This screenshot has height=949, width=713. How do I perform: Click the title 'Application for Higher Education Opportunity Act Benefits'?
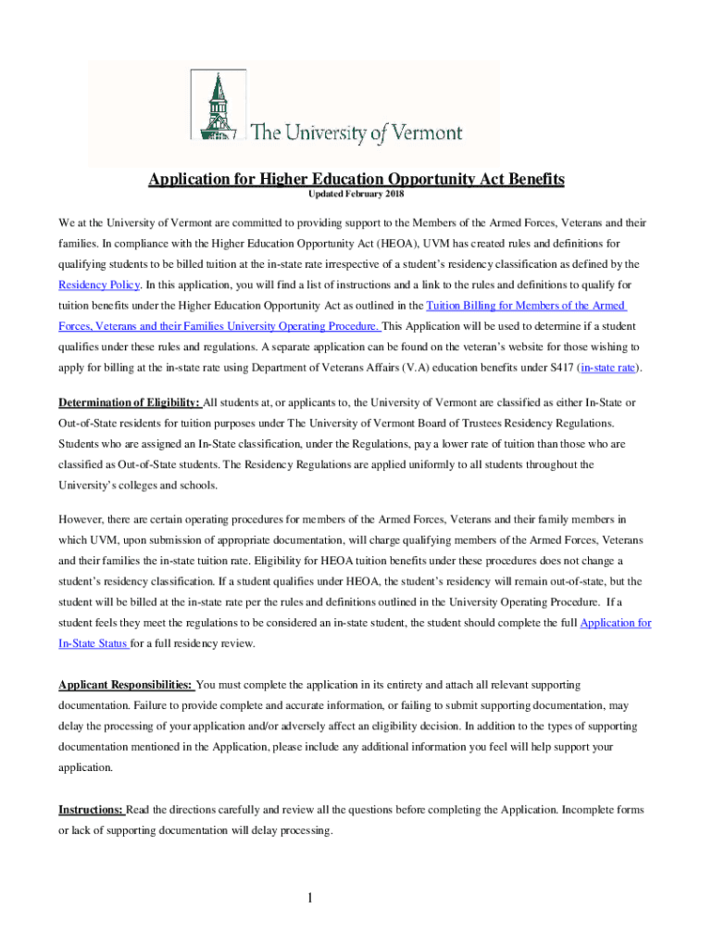tap(356, 179)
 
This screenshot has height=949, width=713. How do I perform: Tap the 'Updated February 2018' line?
tap(356, 196)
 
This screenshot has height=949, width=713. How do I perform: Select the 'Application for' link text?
tap(615, 623)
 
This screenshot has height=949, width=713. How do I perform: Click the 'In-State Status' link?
tap(93, 643)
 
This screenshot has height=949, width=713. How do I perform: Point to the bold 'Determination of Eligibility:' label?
tap(130, 402)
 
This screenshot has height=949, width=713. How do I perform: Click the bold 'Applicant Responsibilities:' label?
tap(126, 685)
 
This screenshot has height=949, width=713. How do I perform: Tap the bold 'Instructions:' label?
tap(91, 810)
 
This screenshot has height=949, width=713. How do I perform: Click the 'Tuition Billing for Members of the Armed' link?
tap(525, 306)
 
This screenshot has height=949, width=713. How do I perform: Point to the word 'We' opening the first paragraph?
tap(68, 223)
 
